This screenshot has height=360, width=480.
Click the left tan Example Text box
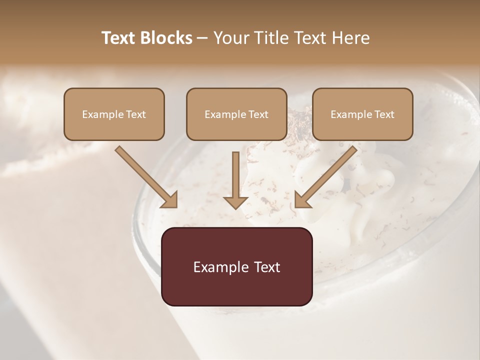coord(114,114)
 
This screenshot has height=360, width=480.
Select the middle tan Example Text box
coord(236,114)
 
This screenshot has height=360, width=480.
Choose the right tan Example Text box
coord(362,114)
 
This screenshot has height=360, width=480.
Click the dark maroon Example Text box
coord(236,266)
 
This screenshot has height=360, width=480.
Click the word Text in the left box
coord(135,114)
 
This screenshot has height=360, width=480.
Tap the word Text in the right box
coord(383,114)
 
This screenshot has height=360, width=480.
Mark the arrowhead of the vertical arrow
coord(235,201)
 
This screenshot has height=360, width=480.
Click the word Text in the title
coord(120,38)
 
